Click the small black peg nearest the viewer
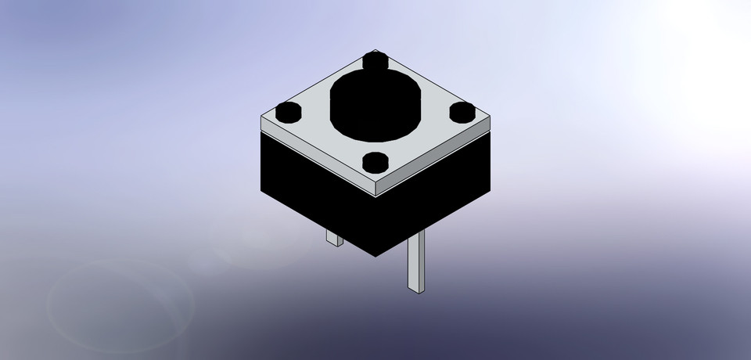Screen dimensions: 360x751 (x=377, y=162)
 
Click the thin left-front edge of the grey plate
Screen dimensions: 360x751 (x=317, y=158)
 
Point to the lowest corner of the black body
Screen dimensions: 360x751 (x=376, y=257)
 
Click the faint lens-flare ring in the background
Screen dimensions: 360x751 (x=121, y=301)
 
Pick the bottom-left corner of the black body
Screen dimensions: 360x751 (x=261, y=190)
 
